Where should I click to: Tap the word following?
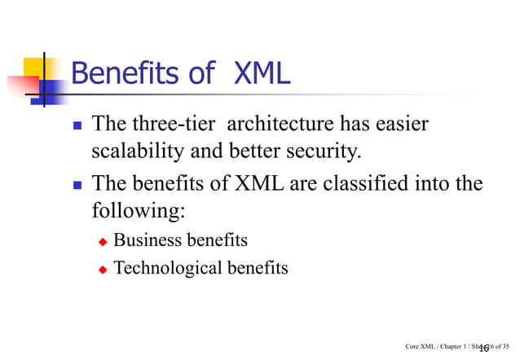click(x=137, y=211)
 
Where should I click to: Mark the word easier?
click(x=399, y=125)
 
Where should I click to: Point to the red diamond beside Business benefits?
click(x=103, y=242)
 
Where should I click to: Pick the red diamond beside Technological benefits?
click(x=103, y=269)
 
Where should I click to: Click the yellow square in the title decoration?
click(x=34, y=66)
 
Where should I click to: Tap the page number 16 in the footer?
click(x=484, y=348)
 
